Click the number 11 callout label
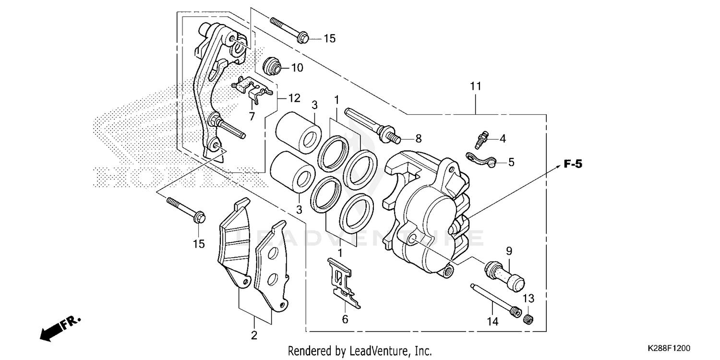pyautogui.click(x=475, y=86)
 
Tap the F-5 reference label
pyautogui.click(x=573, y=165)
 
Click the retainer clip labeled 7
pyautogui.click(x=251, y=88)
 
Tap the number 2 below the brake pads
pyautogui.click(x=254, y=335)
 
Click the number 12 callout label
pyautogui.click(x=294, y=98)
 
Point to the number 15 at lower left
pyautogui.click(x=199, y=244)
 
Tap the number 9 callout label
pyautogui.click(x=508, y=251)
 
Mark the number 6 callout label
pyautogui.click(x=345, y=319)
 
